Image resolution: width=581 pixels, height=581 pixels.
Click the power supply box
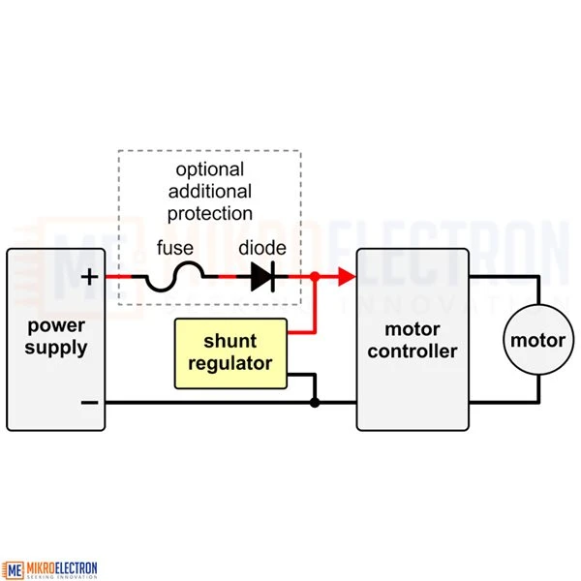pyautogui.click(x=56, y=338)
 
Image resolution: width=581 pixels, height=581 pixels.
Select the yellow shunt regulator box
pyautogui.click(x=230, y=352)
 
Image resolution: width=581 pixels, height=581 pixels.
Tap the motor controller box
pyautogui.click(x=413, y=338)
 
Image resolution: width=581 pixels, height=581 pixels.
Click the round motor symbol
pyautogui.click(x=537, y=340)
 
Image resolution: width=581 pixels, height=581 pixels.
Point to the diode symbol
pyautogui.click(x=262, y=278)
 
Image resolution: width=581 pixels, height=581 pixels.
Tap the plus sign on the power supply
pyautogui.click(x=89, y=277)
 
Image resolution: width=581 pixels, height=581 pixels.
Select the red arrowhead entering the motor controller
pyautogui.click(x=346, y=278)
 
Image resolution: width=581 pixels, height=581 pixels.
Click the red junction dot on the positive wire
pyautogui.click(x=315, y=278)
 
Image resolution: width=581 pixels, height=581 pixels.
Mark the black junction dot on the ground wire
pyautogui.click(x=315, y=402)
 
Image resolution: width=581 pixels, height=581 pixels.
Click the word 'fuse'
pyautogui.click(x=173, y=248)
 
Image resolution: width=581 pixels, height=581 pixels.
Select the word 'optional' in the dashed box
pyautogui.click(x=209, y=170)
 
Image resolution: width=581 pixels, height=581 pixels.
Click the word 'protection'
pyautogui.click(x=209, y=213)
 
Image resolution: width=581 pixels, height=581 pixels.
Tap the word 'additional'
pyautogui.click(x=209, y=192)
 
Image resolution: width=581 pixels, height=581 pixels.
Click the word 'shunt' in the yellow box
pyautogui.click(x=230, y=341)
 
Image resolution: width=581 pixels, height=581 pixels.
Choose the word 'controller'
pyautogui.click(x=413, y=351)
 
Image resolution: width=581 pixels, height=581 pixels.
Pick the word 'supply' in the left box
pyautogui.click(x=57, y=348)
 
